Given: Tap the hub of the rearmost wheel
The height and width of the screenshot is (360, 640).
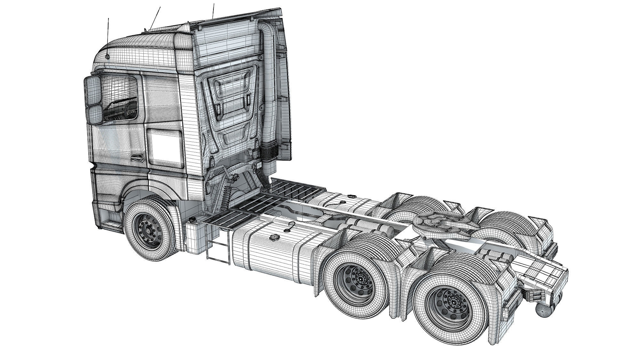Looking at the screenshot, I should click(453, 302).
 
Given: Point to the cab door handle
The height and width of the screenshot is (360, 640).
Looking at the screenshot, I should click(137, 157).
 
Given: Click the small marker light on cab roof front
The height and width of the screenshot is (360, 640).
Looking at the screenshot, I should click(107, 56).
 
